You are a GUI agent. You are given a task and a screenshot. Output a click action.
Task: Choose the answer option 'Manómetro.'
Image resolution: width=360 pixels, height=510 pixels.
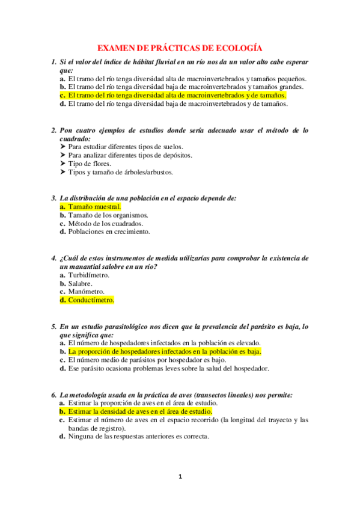pyautogui.click(x=86, y=291)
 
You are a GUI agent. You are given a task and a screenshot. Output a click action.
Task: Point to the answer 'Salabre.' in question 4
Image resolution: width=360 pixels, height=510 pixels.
pyautogui.click(x=80, y=283)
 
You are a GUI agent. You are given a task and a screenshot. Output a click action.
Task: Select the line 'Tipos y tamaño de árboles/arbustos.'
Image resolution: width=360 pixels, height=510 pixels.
pyautogui.click(x=120, y=172)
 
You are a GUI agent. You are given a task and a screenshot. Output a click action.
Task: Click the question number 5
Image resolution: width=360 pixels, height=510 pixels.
pyautogui.click(x=53, y=327)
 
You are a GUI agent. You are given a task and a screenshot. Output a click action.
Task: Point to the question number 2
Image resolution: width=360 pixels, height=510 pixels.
pyautogui.click(x=53, y=130)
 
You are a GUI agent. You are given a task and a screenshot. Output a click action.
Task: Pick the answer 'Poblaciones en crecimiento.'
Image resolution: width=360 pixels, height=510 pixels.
pyautogui.click(x=109, y=231)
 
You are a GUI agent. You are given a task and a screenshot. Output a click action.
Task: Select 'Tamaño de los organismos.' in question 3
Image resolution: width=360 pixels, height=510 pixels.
pyautogui.click(x=108, y=215)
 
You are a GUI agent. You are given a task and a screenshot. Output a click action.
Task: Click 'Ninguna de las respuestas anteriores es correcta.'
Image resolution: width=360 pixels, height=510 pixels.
pyautogui.click(x=138, y=437)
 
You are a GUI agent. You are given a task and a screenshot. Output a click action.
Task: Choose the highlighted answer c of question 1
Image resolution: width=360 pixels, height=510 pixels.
pyautogui.click(x=177, y=95)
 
